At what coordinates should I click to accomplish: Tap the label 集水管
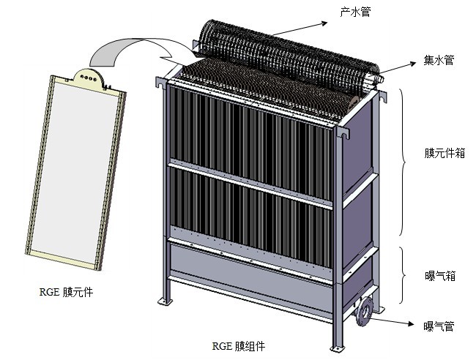439,60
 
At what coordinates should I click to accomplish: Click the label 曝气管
439,326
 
